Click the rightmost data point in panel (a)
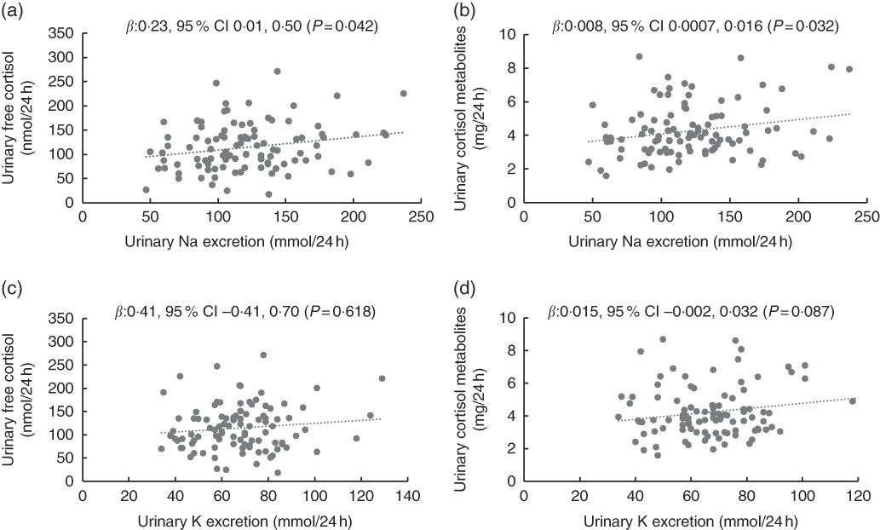(404, 94)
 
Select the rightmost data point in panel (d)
(852, 400)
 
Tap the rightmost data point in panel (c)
(382, 378)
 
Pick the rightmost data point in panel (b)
(849, 69)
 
